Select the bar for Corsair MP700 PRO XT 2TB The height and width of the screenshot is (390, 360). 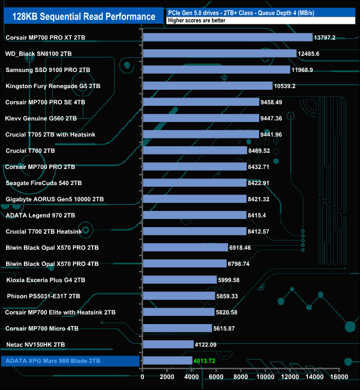click(227, 38)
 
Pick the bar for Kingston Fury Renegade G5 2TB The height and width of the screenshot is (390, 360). click(207, 86)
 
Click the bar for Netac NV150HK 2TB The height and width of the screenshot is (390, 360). click(168, 345)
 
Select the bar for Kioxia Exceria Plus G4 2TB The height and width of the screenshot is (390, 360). click(179, 280)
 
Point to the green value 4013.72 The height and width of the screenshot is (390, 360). click(207, 361)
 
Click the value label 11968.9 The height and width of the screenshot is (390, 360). click(305, 70)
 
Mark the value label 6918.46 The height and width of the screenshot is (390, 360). click(244, 248)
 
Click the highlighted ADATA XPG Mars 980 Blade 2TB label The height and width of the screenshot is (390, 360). click(52, 361)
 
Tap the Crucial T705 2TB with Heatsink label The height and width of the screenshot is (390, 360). click(53, 134)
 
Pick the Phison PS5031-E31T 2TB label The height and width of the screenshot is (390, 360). click(44, 296)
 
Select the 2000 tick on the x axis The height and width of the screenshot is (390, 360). click(167, 377)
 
